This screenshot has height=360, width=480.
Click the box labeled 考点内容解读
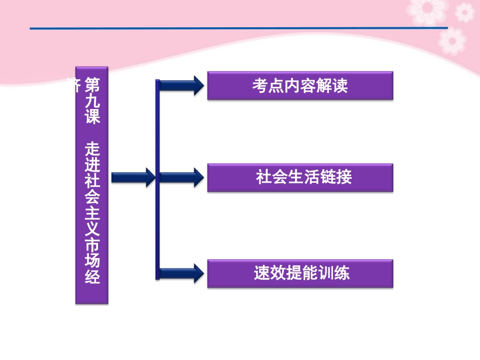pos(300,86)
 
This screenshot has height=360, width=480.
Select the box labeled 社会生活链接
pos(300,177)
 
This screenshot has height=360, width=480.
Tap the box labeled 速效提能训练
pos(300,274)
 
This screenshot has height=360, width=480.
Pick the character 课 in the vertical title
pos(92,117)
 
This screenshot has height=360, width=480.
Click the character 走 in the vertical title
pos(92,148)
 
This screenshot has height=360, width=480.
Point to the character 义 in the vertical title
pos(92,229)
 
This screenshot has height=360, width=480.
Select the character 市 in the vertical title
pos(92,245)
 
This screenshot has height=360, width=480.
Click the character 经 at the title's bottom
pos(92,277)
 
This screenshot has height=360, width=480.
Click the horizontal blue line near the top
pos(237,28)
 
